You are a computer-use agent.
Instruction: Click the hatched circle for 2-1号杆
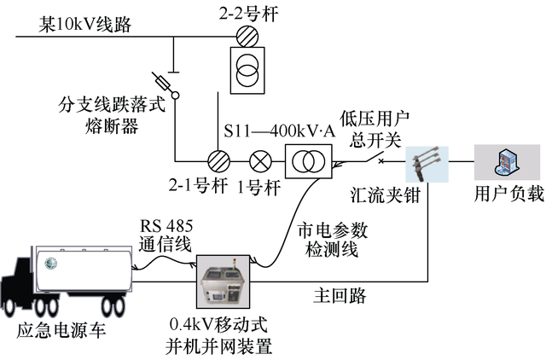coord(218,161)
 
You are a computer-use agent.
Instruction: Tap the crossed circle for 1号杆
coord(258,161)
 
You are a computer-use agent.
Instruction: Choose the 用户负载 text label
coord(508,195)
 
